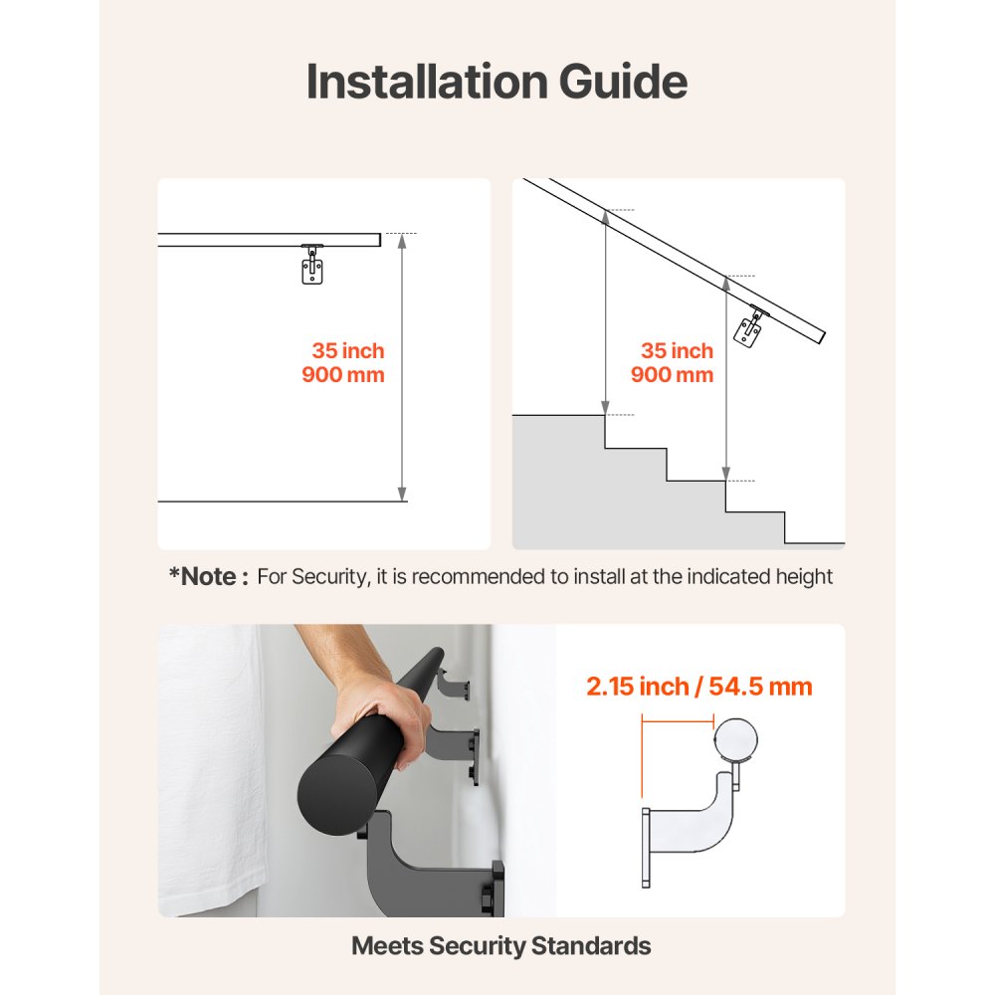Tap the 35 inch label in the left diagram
click(x=347, y=351)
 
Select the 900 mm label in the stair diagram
click(x=672, y=375)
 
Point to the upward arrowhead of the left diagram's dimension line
click(x=402, y=240)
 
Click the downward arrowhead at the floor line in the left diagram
click(x=402, y=494)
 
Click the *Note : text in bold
click(x=208, y=576)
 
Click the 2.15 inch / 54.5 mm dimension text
click(x=698, y=687)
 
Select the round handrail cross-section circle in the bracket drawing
click(x=736, y=739)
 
